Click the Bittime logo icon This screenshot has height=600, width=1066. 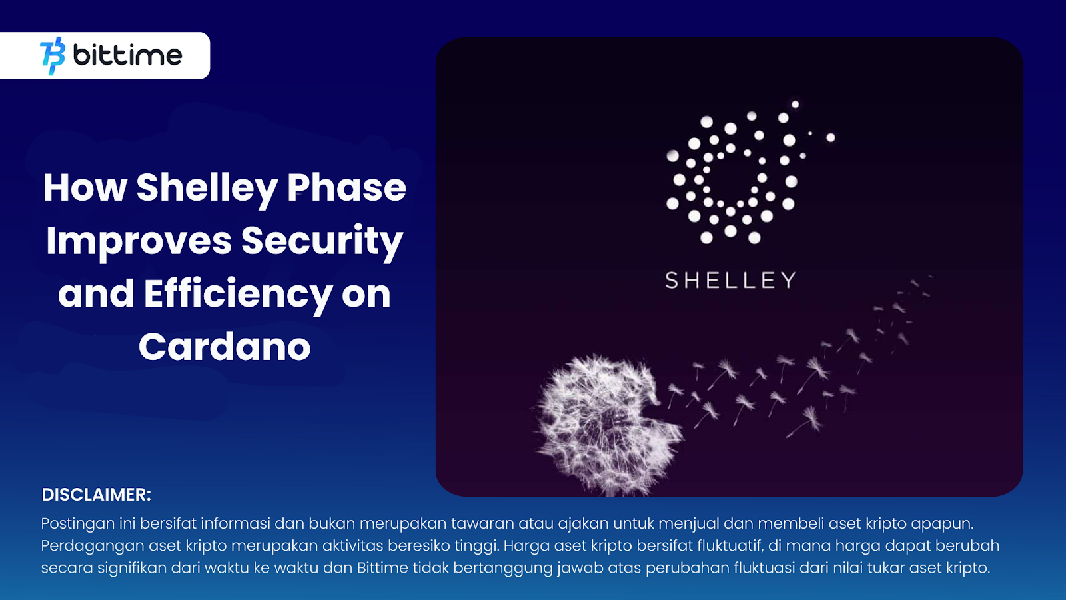tap(53, 56)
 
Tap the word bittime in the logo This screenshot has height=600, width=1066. tap(127, 55)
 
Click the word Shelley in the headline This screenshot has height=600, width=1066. tap(207, 189)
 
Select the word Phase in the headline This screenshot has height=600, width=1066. tap(346, 187)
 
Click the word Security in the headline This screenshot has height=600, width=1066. tap(322, 241)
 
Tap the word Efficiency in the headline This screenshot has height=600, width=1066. tap(238, 294)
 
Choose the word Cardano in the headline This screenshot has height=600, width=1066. tap(225, 347)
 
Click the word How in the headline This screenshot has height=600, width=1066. tap(85, 187)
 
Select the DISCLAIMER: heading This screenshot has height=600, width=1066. tap(97, 495)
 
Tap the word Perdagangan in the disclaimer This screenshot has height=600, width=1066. tap(92, 546)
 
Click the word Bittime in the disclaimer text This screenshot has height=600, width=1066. tap(382, 567)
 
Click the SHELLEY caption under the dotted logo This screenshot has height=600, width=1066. tap(730, 280)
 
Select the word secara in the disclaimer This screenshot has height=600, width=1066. tap(67, 568)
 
